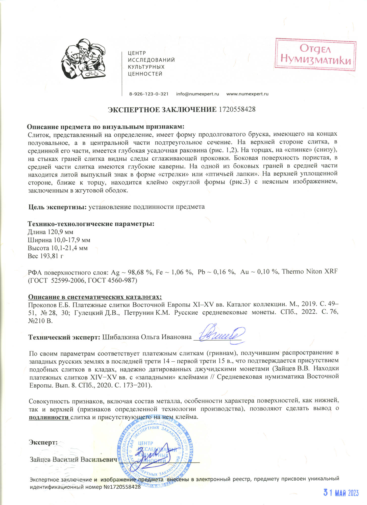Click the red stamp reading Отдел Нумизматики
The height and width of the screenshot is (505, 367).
(x=315, y=54)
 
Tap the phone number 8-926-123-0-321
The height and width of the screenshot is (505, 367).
(x=149, y=94)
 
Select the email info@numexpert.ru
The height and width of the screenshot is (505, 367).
(x=197, y=94)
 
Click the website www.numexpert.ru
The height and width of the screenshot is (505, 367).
(x=247, y=94)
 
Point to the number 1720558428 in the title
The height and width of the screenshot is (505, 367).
(x=237, y=109)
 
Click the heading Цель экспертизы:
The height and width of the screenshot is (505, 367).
(x=58, y=207)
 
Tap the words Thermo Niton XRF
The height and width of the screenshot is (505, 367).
(x=310, y=272)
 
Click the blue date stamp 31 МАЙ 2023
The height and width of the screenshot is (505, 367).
(x=341, y=493)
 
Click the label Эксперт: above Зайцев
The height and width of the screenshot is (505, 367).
(x=43, y=442)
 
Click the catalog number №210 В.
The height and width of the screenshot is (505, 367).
(x=40, y=321)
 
